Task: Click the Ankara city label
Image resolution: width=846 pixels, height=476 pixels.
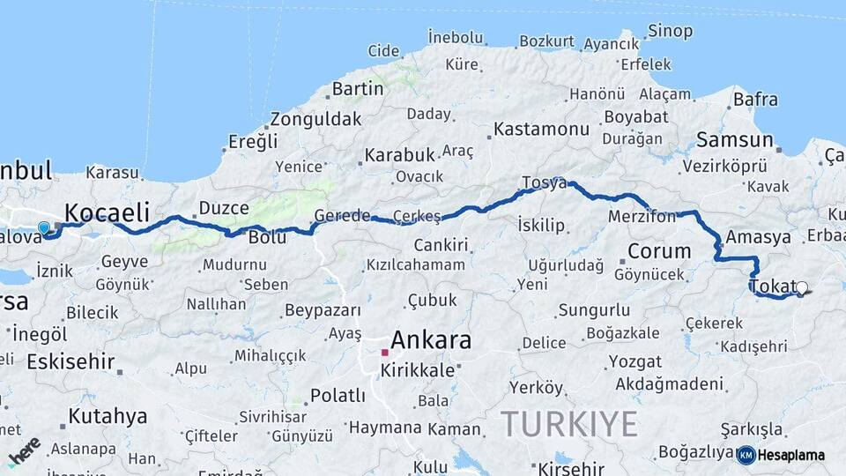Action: click(x=430, y=339)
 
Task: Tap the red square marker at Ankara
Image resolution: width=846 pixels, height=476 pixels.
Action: click(x=384, y=353)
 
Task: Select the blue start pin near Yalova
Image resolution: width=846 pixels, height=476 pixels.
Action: click(x=44, y=228)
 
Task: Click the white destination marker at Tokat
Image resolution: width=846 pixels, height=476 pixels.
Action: click(x=801, y=287)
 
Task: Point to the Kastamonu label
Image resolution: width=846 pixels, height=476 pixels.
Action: click(x=541, y=129)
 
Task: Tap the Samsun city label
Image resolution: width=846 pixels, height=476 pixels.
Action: click(x=734, y=139)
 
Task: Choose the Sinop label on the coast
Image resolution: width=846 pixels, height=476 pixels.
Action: click(x=670, y=32)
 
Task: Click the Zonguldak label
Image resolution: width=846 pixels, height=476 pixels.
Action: click(x=315, y=119)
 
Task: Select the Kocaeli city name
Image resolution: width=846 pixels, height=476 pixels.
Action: click(x=107, y=212)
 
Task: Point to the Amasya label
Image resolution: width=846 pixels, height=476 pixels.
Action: click(x=759, y=237)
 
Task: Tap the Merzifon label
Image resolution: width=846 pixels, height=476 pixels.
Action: click(x=642, y=216)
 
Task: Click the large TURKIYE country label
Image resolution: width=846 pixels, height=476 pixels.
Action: click(x=569, y=424)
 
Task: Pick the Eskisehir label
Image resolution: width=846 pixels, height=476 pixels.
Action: click(x=70, y=361)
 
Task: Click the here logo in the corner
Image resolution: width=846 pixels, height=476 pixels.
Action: click(x=25, y=450)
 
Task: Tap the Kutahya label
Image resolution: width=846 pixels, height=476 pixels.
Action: click(x=108, y=416)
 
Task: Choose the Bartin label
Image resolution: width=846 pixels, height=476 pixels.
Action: click(x=358, y=89)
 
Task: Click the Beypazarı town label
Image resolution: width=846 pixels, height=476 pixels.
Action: click(x=323, y=310)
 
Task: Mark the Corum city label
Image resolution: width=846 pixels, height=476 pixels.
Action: click(x=658, y=251)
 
